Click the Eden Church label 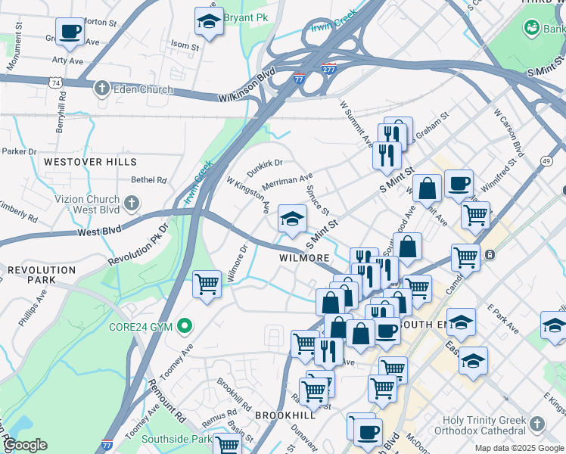(x=143, y=89)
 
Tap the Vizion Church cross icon (x=132, y=203)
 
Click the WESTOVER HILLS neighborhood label (x=83, y=161)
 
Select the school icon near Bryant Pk (x=209, y=23)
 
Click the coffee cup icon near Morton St (x=70, y=32)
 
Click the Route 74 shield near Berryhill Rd (x=54, y=82)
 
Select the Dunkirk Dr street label (x=265, y=163)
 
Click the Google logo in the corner (x=25, y=445)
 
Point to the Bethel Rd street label (x=148, y=180)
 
